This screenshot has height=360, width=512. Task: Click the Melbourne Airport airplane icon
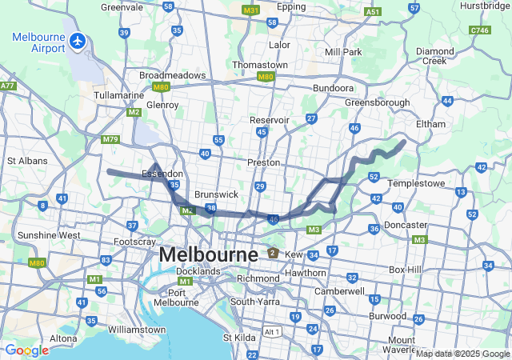(x=78, y=40)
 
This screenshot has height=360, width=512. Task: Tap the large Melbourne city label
(x=208, y=254)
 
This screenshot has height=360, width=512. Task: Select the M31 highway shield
(x=250, y=11)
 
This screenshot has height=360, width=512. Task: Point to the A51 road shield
(x=371, y=12)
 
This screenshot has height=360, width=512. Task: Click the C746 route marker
(x=480, y=30)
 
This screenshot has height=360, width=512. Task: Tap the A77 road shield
(x=8, y=85)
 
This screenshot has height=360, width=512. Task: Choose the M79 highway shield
(x=110, y=139)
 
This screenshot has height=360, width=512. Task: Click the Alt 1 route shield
(x=272, y=331)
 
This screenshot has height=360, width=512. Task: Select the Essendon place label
(x=162, y=174)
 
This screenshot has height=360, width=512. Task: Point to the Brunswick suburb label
(x=217, y=194)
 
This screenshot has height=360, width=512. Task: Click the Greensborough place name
(x=377, y=102)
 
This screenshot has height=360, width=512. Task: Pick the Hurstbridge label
(x=485, y=6)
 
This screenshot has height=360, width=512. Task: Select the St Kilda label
(x=238, y=337)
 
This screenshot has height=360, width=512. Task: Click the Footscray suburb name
(x=134, y=241)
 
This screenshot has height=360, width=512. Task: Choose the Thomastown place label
(x=259, y=64)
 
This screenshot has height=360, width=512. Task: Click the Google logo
(x=26, y=350)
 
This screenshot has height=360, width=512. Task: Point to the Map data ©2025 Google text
(x=462, y=354)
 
